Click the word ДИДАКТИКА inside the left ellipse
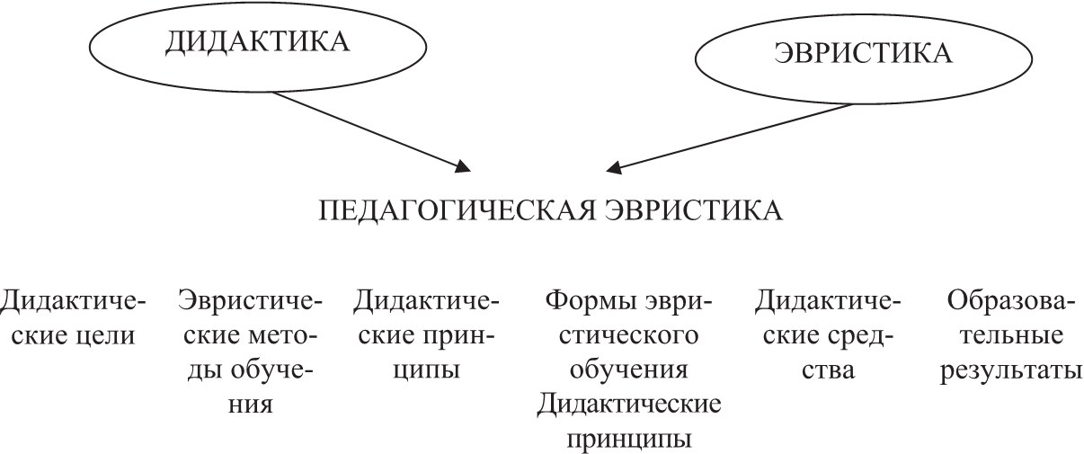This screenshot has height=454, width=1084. pos(257,42)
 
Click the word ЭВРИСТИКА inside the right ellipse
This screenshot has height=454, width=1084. pos(863,53)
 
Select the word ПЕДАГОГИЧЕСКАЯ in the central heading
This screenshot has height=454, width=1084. pos(457,211)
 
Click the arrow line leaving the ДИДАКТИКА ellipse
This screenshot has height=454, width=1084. pos(370,130)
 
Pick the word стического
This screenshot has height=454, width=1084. pos(628,335)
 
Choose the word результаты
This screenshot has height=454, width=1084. pos(1011,370)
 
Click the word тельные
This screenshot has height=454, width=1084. pos(1011,335)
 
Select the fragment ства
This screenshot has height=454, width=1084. pos(828,369)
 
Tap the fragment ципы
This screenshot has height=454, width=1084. pos(426,370)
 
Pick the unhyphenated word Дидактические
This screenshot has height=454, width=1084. pos(628,405)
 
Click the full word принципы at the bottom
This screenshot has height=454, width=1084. pos(629,440)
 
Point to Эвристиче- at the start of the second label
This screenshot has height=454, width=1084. pos(250,300)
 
